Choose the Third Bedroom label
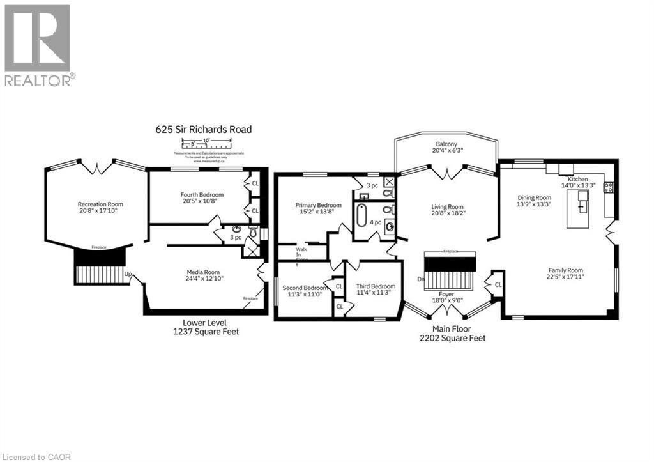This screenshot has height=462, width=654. coord(376,286)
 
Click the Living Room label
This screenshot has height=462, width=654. coord(447,207)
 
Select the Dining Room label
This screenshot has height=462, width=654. coord(534,198)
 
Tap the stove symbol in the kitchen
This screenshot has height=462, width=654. coord(608,187)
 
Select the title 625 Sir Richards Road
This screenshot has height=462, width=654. coord(204,129)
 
